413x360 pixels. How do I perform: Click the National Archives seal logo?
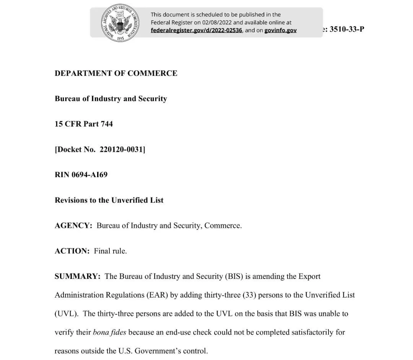tap(120, 23)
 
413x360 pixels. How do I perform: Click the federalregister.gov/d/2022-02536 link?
tap(196, 30)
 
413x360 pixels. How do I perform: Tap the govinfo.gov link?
tap(280, 30)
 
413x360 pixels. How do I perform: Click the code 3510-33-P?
tap(346, 29)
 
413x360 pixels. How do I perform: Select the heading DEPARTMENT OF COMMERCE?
tap(116, 73)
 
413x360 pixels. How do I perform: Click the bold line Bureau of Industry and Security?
tap(111, 99)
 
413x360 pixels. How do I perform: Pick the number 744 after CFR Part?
tap(106, 124)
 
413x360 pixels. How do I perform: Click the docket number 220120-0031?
tap(121, 149)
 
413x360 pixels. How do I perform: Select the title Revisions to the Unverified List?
tap(109, 200)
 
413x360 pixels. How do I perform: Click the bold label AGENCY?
tap(73, 226)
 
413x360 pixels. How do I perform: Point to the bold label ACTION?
tap(72, 251)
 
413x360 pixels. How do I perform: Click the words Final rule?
tap(110, 251)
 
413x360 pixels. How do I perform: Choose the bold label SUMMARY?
tap(77, 276)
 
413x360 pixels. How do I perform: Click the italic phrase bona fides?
tap(109, 332)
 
